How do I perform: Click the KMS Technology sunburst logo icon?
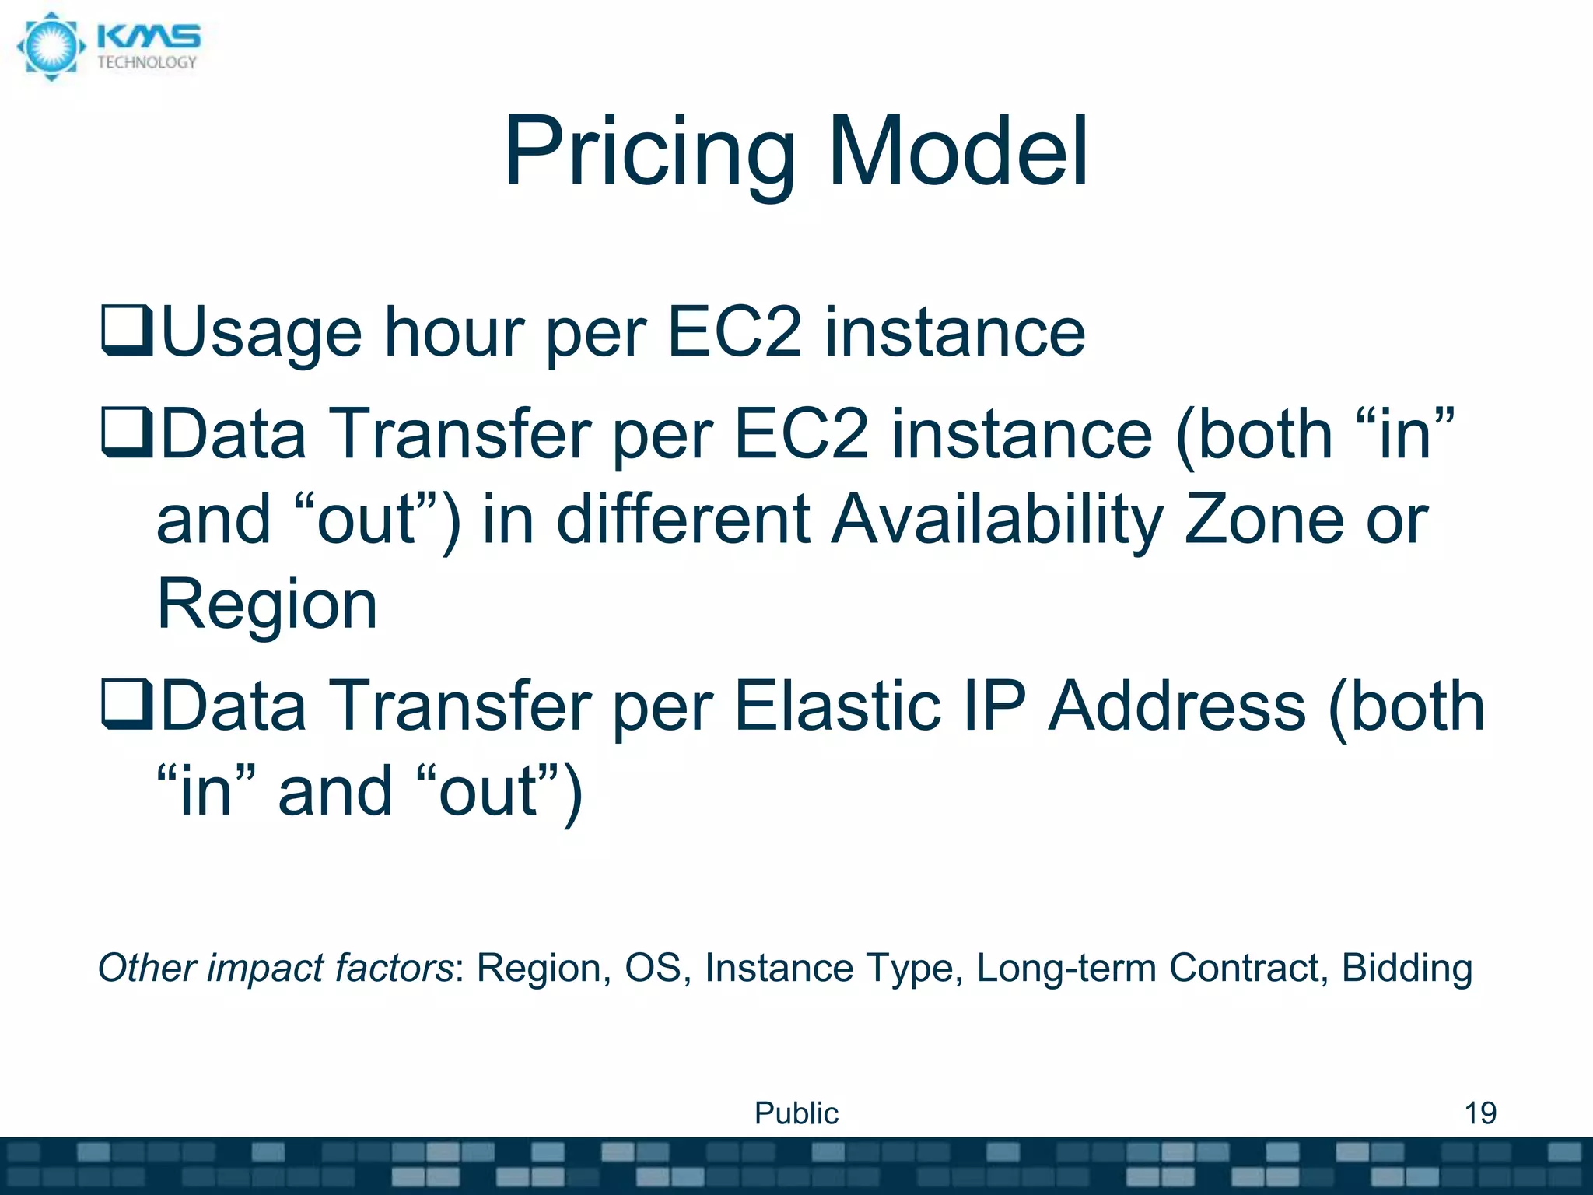pyautogui.click(x=51, y=47)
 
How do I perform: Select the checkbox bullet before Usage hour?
pyautogui.click(x=127, y=331)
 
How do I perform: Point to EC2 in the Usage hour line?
pyautogui.click(x=734, y=331)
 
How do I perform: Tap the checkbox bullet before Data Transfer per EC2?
pyautogui.click(x=127, y=433)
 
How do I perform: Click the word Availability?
pyautogui.click(x=997, y=520)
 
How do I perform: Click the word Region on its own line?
pyautogui.click(x=267, y=605)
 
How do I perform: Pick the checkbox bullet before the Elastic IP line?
pyautogui.click(x=127, y=705)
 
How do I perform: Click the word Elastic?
pyautogui.click(x=837, y=705)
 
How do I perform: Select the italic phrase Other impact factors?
pyautogui.click(x=275, y=969)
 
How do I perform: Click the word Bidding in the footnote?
pyautogui.click(x=1406, y=969)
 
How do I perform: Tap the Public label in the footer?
pyautogui.click(x=796, y=1113)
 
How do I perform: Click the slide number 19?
pyautogui.click(x=1479, y=1113)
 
